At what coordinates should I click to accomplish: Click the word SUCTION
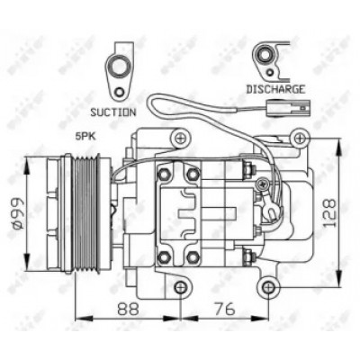(x=113, y=112)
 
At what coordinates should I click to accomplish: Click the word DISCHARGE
(x=275, y=89)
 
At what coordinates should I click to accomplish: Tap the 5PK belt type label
(x=85, y=137)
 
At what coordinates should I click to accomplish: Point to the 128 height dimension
(x=330, y=212)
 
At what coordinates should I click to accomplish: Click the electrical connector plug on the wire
(x=288, y=107)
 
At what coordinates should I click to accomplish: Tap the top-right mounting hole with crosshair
(x=300, y=139)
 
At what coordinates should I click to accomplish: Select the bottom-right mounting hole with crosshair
(x=268, y=288)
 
